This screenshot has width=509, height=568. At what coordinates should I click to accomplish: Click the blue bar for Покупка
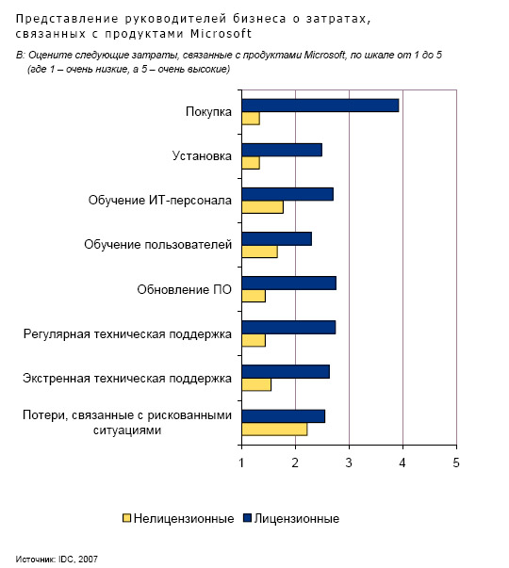point(320,105)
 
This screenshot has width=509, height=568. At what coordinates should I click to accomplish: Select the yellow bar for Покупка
point(251,119)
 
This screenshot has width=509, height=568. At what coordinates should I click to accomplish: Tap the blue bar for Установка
point(282,150)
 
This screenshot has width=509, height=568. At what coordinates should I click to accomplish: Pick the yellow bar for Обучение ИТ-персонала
point(262,207)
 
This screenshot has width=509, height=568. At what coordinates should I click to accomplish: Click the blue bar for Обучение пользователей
point(276,238)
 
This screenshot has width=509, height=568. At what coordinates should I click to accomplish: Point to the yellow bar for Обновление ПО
point(254,296)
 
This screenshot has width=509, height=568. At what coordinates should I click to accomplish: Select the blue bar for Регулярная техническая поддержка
point(288,328)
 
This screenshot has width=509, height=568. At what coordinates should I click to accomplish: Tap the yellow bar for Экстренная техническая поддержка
point(256,384)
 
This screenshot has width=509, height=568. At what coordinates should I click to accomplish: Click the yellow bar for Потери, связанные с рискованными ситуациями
point(274,430)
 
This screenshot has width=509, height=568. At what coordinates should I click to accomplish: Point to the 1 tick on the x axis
point(242,446)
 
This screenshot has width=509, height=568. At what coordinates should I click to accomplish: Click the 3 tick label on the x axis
point(349,463)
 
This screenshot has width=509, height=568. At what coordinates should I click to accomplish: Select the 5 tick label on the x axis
point(456,463)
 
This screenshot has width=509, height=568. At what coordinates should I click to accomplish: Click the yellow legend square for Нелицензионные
point(126,518)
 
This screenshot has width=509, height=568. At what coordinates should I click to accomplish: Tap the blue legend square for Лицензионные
point(247,518)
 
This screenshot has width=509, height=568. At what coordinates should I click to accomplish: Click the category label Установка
point(202,155)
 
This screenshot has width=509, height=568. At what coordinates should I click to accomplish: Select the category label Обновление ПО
point(184,289)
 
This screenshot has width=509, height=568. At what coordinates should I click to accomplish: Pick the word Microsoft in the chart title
point(222,34)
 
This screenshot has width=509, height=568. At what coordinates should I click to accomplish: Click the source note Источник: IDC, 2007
point(57,559)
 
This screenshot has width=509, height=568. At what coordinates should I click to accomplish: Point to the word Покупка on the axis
point(208,111)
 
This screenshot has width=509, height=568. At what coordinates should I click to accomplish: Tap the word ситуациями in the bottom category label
point(127,430)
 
